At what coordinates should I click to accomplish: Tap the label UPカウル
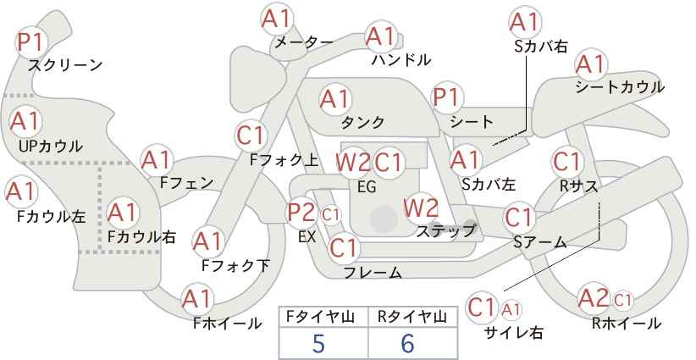pyautogui.click(x=50, y=147)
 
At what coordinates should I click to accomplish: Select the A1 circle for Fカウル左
pyautogui.click(x=21, y=191)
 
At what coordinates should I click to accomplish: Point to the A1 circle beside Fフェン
pyautogui.click(x=157, y=160)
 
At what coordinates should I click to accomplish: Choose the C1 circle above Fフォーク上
pyautogui.click(x=251, y=134)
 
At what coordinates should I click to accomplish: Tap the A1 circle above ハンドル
pyautogui.click(x=380, y=36)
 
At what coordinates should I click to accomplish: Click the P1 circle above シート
pyautogui.click(x=447, y=97)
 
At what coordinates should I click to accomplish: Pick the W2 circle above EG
pyautogui.click(x=352, y=162)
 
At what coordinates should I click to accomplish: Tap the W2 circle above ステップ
pyautogui.click(x=420, y=206)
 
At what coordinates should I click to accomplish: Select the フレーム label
pyautogui.click(x=373, y=273)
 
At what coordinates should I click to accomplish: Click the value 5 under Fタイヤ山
pyautogui.click(x=318, y=344)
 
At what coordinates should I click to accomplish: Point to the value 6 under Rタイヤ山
pyautogui.click(x=407, y=344)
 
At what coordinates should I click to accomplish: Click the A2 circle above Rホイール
pyautogui.click(x=593, y=298)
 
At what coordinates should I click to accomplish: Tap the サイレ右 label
pyautogui.click(x=513, y=333)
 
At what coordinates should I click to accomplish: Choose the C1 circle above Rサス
pyautogui.click(x=566, y=161)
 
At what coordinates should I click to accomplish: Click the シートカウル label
pyautogui.click(x=619, y=87)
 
